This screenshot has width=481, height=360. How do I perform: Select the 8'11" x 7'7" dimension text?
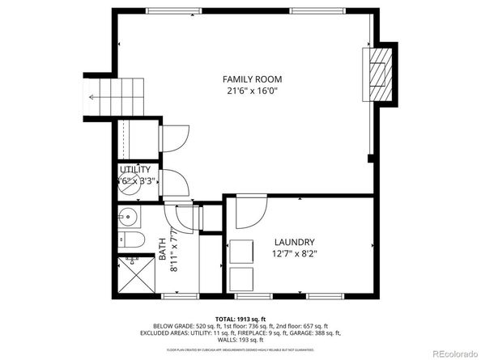pyautogui.click(x=174, y=252)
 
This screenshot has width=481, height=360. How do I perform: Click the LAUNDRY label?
pyautogui.click(x=294, y=242)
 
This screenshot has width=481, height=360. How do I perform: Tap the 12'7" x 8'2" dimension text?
pyautogui.click(x=294, y=255)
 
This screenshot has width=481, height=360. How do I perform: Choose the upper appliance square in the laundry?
pyautogui.click(x=240, y=252)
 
